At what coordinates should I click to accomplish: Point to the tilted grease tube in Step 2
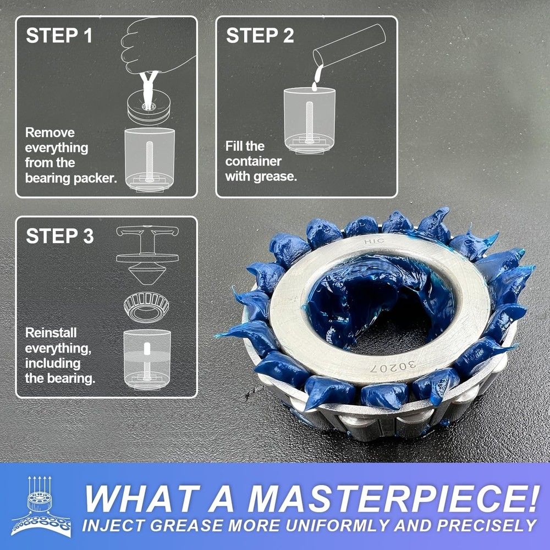(x=349, y=43)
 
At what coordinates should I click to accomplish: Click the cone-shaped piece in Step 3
(x=146, y=272)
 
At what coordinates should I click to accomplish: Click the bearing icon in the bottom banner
(x=41, y=506)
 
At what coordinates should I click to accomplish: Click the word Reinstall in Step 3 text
(x=51, y=333)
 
